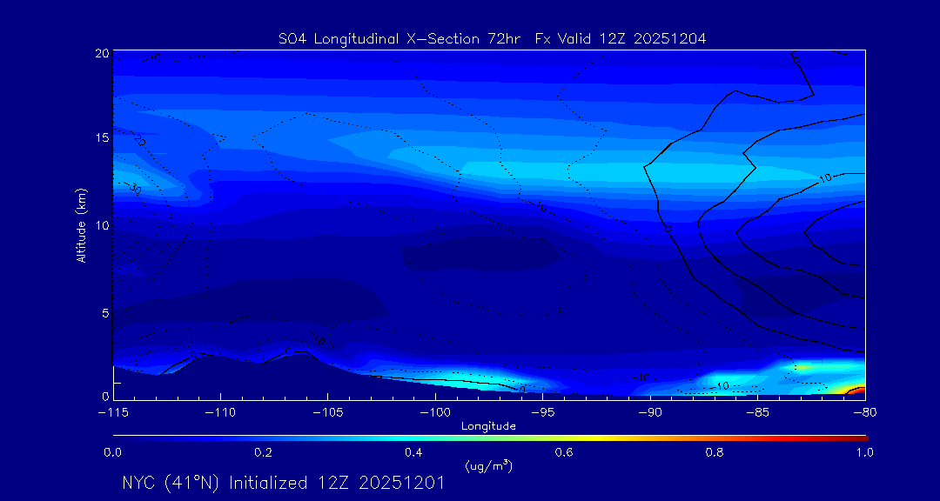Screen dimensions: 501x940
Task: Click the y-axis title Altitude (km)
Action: click(81, 224)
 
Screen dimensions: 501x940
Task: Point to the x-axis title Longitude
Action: click(488, 426)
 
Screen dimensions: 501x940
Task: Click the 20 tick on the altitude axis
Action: click(101, 53)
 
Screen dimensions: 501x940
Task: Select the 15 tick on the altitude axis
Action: click(101, 138)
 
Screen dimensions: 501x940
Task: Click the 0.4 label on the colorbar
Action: click(413, 452)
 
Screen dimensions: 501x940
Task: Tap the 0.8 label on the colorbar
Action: click(715, 452)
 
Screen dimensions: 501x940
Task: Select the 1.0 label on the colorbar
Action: click(865, 452)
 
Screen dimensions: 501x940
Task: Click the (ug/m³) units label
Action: click(488, 465)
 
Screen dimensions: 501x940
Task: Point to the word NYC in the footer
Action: click(140, 483)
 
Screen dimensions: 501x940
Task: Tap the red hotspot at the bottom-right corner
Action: click(857, 391)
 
